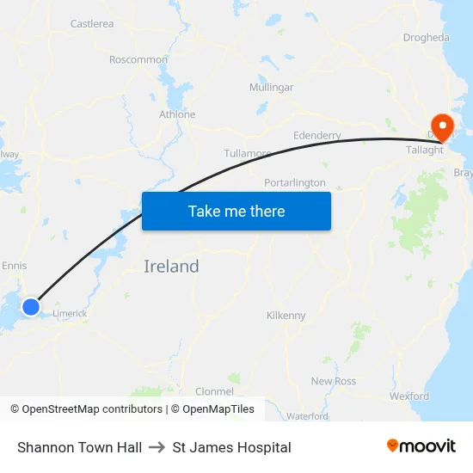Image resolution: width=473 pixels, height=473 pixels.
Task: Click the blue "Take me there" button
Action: click(x=236, y=211)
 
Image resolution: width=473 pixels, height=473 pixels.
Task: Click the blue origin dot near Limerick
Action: click(x=31, y=306)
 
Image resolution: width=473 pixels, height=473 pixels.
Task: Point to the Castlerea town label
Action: click(x=91, y=24)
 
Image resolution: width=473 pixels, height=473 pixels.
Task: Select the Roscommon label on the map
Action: click(x=138, y=59)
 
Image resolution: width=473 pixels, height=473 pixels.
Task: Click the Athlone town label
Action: click(x=177, y=114)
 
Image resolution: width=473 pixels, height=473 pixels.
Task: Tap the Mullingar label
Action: click(x=271, y=88)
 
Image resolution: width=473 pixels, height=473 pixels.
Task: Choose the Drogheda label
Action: click(x=426, y=38)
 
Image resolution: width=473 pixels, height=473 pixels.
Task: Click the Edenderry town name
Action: click(x=316, y=136)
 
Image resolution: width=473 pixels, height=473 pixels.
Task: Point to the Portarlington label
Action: click(x=295, y=183)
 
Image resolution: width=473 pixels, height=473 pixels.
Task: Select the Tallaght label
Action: click(x=425, y=150)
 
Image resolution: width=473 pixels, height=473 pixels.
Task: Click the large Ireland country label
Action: click(x=171, y=267)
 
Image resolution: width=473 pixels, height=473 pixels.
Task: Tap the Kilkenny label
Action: click(x=286, y=316)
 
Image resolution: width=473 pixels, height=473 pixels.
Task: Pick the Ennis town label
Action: click(x=15, y=266)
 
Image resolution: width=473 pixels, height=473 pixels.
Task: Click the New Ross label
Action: click(x=333, y=381)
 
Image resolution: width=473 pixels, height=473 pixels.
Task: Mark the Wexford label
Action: click(x=408, y=396)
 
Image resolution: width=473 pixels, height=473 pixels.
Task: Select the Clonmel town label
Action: click(x=215, y=391)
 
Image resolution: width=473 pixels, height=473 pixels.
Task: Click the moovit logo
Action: click(x=421, y=446)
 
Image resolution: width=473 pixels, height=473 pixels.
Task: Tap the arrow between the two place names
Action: click(x=157, y=447)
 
